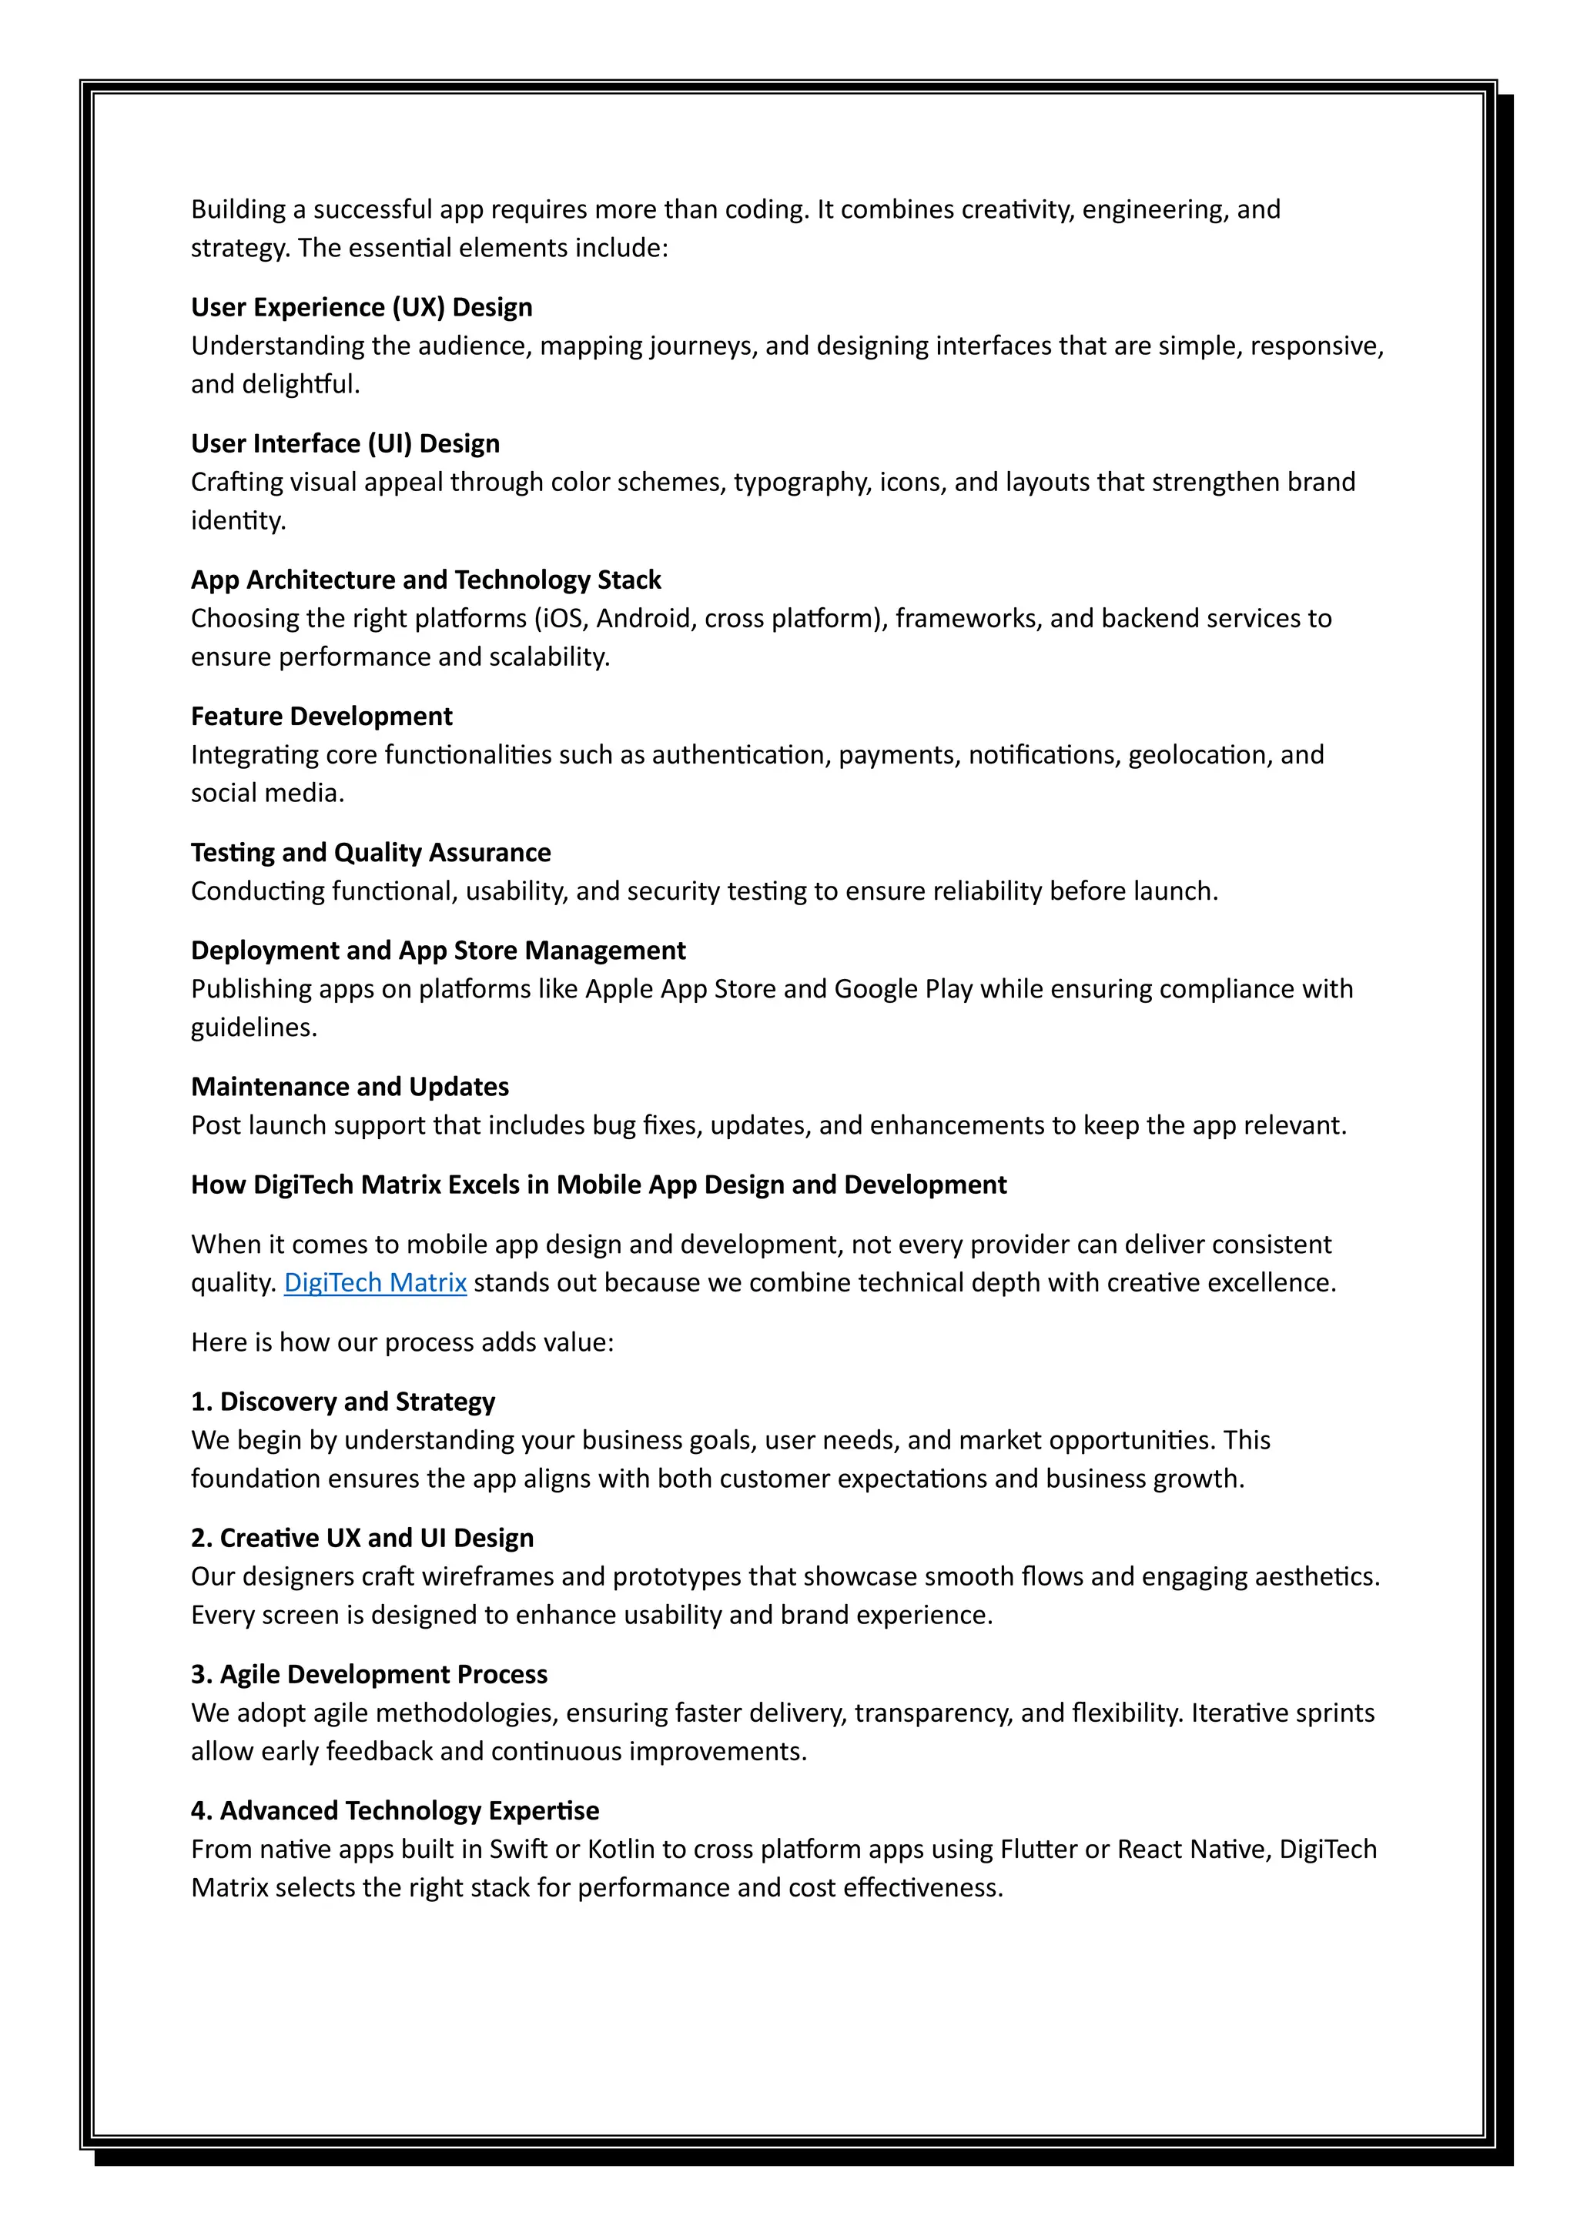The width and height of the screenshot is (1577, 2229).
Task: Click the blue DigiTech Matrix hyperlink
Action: click(375, 1282)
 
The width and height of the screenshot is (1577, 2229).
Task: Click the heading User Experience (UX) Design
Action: click(361, 307)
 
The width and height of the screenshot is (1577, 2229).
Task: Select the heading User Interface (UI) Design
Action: click(345, 443)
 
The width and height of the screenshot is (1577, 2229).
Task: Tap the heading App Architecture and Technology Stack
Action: click(425, 580)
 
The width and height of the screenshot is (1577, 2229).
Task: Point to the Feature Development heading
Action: click(321, 717)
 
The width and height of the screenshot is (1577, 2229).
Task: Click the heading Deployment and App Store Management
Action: click(438, 951)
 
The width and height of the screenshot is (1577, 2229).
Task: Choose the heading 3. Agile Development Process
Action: click(369, 1675)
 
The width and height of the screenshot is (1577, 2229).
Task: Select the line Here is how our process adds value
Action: click(402, 1342)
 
